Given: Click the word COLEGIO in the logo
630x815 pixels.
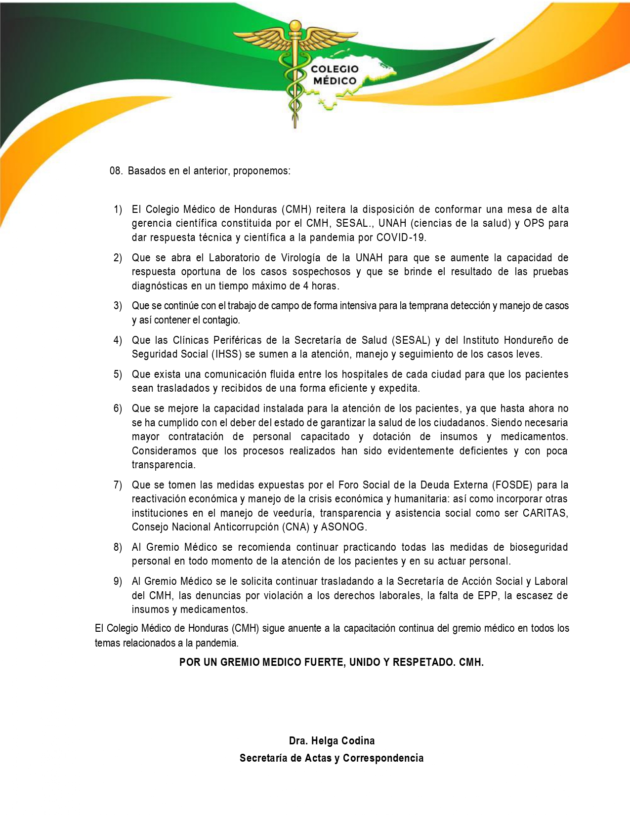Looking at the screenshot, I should point(335,69).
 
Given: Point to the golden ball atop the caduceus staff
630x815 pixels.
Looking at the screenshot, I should point(295,25).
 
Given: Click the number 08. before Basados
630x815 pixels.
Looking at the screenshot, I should point(116,171).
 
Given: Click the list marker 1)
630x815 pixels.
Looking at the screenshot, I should point(118,209).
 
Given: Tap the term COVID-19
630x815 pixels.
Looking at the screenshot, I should point(400,238).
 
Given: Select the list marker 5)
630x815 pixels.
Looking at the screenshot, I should point(118,374).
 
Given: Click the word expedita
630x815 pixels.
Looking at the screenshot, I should point(399,388).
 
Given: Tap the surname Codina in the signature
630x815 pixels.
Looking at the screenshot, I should point(356,741).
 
